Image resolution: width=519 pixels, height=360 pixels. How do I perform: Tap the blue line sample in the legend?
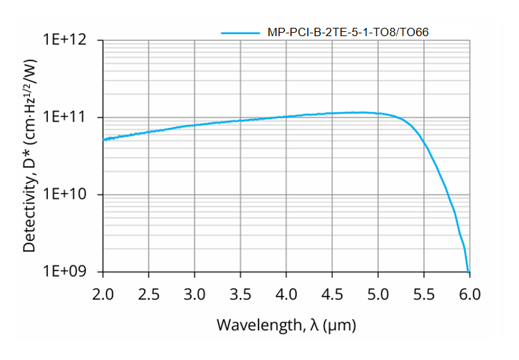pos(240,32)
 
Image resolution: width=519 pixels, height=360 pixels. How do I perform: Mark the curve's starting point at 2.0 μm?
pos(104,140)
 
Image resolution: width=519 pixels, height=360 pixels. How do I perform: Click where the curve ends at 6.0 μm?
pos(469,271)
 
